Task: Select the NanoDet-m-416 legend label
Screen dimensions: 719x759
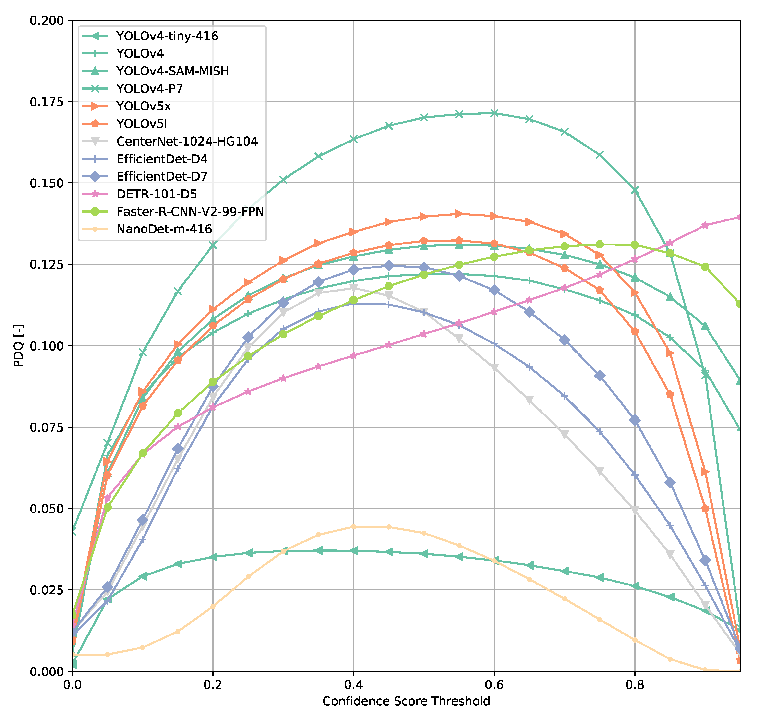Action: coord(164,229)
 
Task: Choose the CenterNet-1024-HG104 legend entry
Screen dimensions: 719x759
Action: coord(187,141)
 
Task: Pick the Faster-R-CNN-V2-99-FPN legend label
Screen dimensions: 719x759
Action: coord(190,212)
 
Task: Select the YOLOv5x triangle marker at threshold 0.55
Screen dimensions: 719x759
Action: coord(459,214)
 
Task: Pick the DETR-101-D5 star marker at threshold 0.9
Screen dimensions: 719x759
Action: coord(705,225)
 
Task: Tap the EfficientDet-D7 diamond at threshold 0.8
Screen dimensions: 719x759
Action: coord(635,420)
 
